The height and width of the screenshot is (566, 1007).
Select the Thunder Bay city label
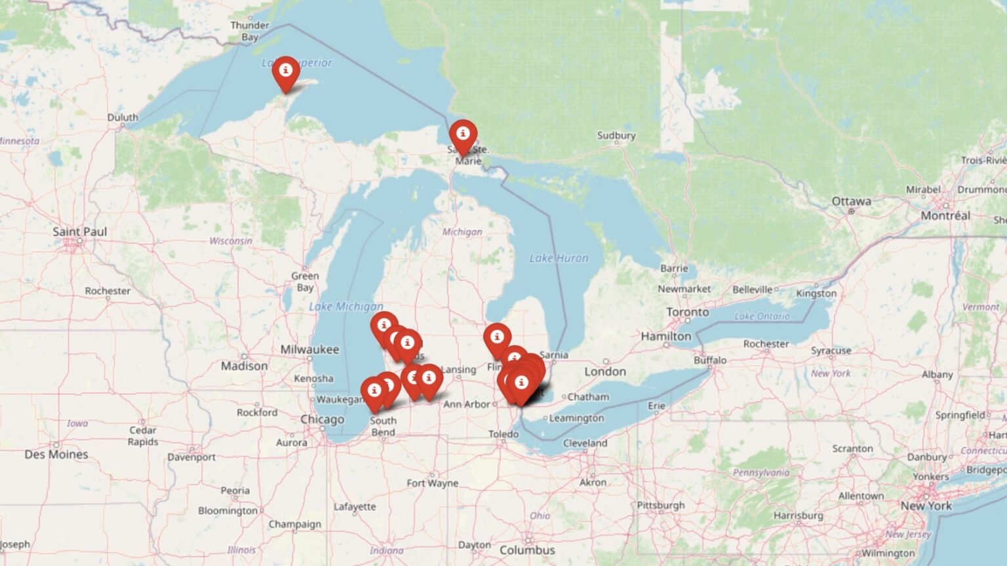[x=250, y=31]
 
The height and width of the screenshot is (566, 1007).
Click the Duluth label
[x=123, y=117]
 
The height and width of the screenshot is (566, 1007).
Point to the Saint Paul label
[x=79, y=231]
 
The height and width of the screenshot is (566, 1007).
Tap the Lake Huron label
[x=559, y=258]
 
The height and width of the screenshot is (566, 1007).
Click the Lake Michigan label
[x=346, y=306]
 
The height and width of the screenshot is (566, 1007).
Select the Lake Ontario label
[x=762, y=316]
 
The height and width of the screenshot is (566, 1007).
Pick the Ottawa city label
[x=851, y=201]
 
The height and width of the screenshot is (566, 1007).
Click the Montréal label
[x=945, y=216]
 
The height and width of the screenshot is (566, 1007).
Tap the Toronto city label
[x=687, y=312]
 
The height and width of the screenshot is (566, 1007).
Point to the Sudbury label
[x=616, y=136]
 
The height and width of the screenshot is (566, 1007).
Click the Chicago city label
[x=322, y=419]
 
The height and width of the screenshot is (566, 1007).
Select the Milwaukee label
[x=309, y=349]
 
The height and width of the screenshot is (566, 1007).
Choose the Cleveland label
[x=585, y=443]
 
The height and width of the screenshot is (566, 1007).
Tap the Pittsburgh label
[x=660, y=505]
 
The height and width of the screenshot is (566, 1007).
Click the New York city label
[x=926, y=506]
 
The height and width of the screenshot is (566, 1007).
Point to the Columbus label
[x=527, y=550]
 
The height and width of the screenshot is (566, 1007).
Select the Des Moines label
[x=56, y=454]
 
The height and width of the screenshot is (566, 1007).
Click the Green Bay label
[x=305, y=282]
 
